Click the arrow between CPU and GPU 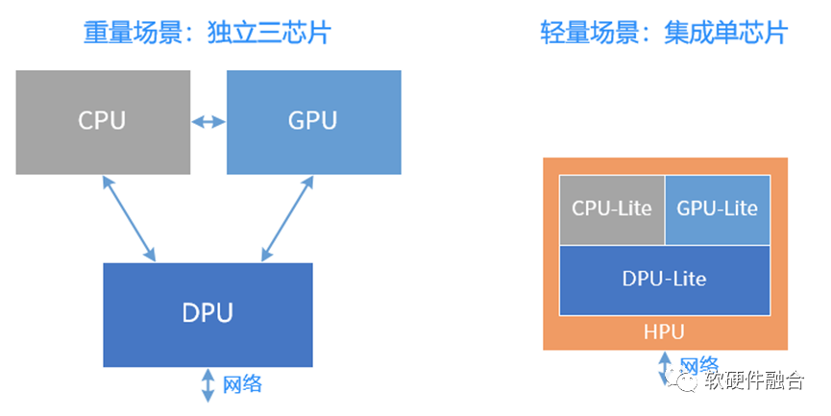(208, 122)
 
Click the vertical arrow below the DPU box (208, 385)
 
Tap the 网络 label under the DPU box (242, 385)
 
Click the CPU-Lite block (612, 208)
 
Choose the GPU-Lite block (717, 208)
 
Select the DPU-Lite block (664, 279)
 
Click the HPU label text (664, 333)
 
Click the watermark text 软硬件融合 (755, 381)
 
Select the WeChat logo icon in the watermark (689, 381)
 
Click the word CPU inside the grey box (102, 122)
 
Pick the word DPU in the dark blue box (208, 313)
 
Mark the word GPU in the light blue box (313, 122)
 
